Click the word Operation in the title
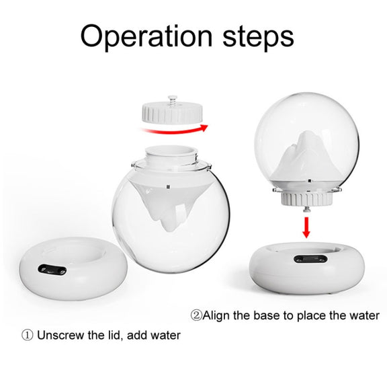[146, 36]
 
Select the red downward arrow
[306, 227]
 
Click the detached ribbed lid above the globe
[172, 113]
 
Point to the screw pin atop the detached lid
[173, 100]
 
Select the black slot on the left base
[52, 270]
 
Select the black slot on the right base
[310, 259]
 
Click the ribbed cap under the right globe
[306, 199]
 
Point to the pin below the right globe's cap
[306, 210]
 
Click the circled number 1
[27, 336]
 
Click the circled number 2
[196, 315]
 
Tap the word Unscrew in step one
[60, 336]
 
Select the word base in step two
[267, 315]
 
